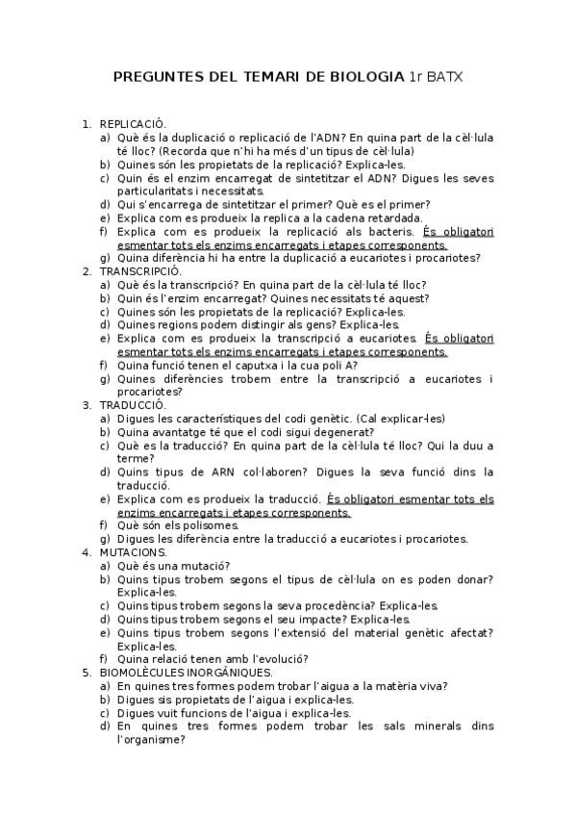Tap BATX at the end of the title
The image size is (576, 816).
click(443, 75)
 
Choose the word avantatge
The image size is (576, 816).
click(184, 432)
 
